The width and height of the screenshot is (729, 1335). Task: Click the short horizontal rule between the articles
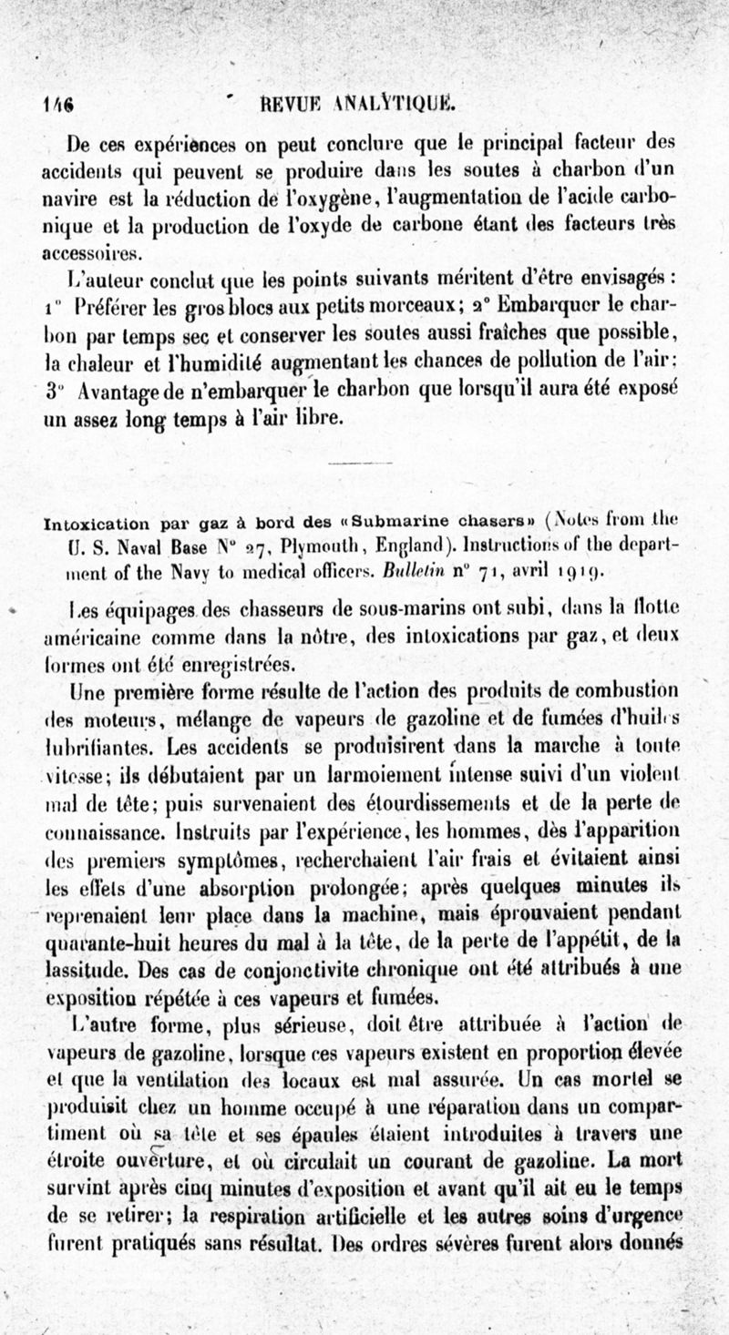click(362, 465)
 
